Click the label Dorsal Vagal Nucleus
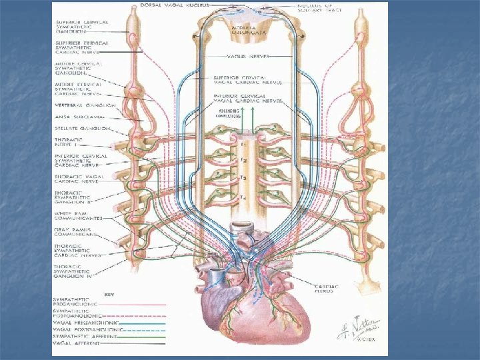(167, 5)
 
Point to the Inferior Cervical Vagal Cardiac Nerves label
(247, 98)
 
